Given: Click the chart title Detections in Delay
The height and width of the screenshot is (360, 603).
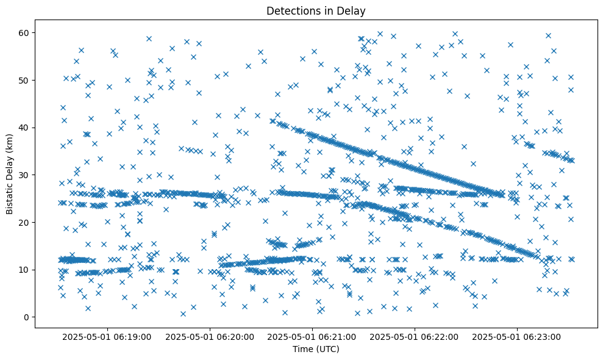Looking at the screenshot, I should tap(316, 10).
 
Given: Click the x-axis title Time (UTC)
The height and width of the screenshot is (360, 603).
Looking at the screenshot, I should tap(316, 349).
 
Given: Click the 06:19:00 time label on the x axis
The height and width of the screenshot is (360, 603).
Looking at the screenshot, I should tap(108, 336).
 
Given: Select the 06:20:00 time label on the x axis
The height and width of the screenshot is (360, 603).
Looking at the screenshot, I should tap(210, 336).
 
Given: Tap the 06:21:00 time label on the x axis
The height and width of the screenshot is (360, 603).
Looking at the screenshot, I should tap(313, 336).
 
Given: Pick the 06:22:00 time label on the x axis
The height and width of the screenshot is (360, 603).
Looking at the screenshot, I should tap(415, 336).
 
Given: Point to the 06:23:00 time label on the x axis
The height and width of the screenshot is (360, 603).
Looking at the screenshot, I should tap(518, 336).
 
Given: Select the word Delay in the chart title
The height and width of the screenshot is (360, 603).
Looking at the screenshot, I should tap(353, 10).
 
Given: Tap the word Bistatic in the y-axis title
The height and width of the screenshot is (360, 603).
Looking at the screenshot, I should tap(10, 198).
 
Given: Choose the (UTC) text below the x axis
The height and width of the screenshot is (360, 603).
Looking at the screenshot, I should tap(326, 349).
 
